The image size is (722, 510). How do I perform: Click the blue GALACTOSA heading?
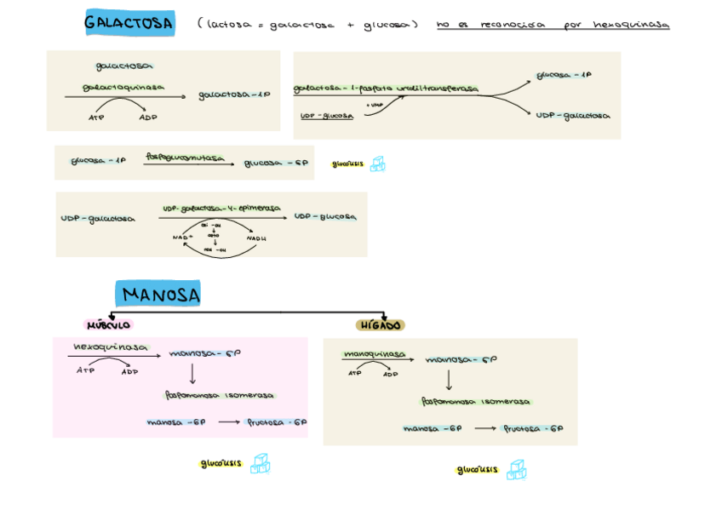[x=129, y=23]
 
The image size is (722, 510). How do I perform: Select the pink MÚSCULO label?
[x=108, y=324]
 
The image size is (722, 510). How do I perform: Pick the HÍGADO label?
[x=380, y=325]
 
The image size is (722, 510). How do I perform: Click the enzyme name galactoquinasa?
[x=123, y=87]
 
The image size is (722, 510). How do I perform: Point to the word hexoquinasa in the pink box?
[x=110, y=347]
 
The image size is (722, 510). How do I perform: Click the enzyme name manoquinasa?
[x=374, y=354]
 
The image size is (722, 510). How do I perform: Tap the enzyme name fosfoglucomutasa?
[x=185, y=158]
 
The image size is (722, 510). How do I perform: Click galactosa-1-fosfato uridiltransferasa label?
[x=385, y=89]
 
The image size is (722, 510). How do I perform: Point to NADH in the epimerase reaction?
[x=256, y=238]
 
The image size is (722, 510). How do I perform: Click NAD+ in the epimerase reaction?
[x=183, y=238]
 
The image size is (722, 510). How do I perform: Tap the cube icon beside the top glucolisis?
[x=377, y=163]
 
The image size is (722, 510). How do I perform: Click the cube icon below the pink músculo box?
[x=260, y=464]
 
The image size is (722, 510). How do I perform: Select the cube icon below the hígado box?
[x=516, y=470]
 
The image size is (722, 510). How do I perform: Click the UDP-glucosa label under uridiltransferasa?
[x=326, y=116]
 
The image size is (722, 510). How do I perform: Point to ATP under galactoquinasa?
[x=96, y=117]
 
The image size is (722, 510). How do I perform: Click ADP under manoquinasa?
[x=390, y=374]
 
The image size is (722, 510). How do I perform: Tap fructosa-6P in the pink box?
[x=277, y=422]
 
